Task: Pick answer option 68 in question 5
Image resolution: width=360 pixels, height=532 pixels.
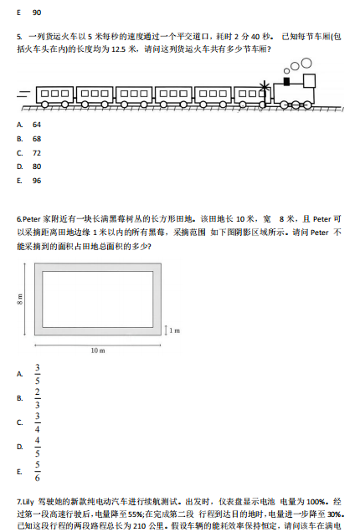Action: pyautogui.click(x=37, y=139)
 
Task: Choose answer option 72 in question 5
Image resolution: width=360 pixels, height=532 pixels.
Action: pyautogui.click(x=37, y=153)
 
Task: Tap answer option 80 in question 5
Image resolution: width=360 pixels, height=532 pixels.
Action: pyautogui.click(x=37, y=166)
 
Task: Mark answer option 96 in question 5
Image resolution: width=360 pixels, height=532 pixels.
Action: pyautogui.click(x=37, y=181)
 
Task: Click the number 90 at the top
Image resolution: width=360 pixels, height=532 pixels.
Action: pyautogui.click(x=37, y=13)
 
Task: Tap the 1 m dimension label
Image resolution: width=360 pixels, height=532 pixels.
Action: pyautogui.click(x=175, y=331)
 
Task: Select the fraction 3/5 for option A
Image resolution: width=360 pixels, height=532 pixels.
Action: pyautogui.click(x=37, y=374)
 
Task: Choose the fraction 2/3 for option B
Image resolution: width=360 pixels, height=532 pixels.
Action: pyautogui.click(x=37, y=398)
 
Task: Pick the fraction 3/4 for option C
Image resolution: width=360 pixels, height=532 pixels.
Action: pyautogui.click(x=37, y=422)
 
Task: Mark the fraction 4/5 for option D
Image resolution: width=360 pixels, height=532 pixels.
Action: pyautogui.click(x=37, y=447)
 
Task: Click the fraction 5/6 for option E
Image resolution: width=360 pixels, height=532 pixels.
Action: pyautogui.click(x=37, y=471)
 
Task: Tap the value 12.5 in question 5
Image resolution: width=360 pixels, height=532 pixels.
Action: pyautogui.click(x=121, y=49)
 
